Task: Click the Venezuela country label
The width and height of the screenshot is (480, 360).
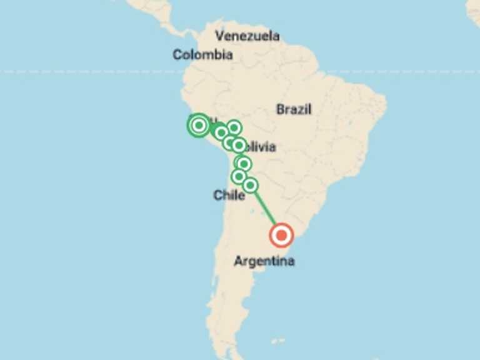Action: [x=247, y=36]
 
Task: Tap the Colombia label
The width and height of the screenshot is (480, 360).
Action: [x=202, y=55]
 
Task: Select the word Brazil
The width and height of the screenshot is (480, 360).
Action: [x=294, y=109]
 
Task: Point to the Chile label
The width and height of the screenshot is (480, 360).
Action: [x=229, y=196]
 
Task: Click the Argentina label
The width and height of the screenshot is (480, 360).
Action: [x=264, y=261]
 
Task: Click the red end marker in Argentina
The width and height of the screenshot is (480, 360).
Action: [x=281, y=236]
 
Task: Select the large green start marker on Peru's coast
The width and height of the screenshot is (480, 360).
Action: [x=199, y=125]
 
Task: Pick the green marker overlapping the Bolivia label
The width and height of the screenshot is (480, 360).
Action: [x=238, y=146]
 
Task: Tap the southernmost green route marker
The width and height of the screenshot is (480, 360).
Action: [x=250, y=185]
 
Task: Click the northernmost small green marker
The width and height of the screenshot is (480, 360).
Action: [x=234, y=127]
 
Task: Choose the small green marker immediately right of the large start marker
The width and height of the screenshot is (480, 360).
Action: [x=221, y=132]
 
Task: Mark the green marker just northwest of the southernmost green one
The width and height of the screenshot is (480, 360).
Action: [x=239, y=177]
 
